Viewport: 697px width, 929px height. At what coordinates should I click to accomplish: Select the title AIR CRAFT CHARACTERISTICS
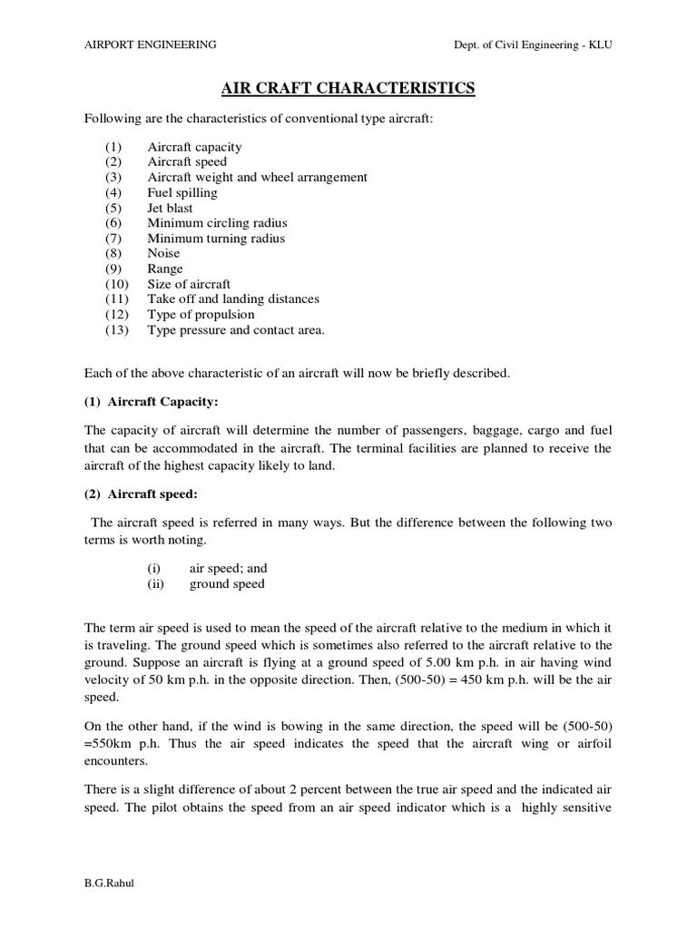348,88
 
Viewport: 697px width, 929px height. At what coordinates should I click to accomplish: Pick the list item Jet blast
171,208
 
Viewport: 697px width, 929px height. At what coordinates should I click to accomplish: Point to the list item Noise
164,253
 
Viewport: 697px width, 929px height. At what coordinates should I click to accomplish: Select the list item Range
165,269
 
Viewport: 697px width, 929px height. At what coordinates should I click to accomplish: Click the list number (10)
119,284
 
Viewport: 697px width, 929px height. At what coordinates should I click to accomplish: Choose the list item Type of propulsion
201,314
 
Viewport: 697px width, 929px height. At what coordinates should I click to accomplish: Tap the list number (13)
119,329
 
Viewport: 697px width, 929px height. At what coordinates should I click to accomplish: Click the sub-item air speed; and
228,568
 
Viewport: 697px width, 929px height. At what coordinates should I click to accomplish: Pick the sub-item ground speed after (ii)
227,583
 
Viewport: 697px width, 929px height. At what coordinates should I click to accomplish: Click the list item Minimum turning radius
216,239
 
